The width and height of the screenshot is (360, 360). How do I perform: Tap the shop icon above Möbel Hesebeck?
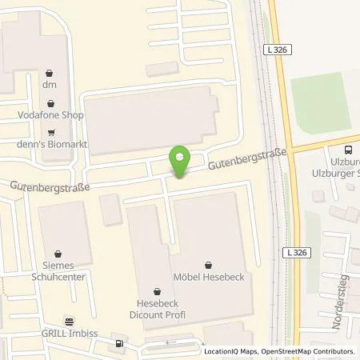click(x=210, y=265)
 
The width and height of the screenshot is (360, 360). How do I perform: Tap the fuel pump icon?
click(x=119, y=346)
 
